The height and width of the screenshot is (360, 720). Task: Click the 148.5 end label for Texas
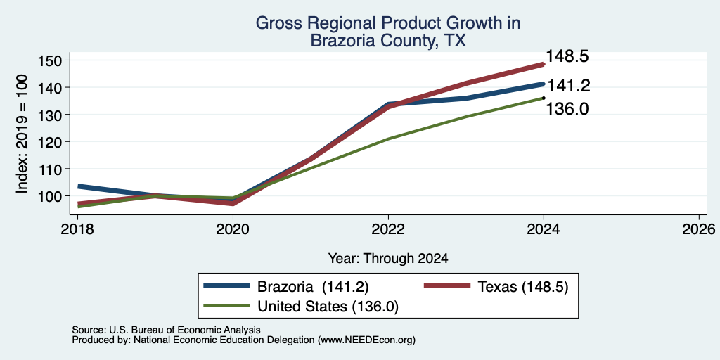pyautogui.click(x=567, y=57)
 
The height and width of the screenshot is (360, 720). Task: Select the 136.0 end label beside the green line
pyautogui.click(x=567, y=109)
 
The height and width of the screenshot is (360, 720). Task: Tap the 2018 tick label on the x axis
pyautogui.click(x=77, y=229)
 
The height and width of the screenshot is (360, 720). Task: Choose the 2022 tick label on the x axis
pyautogui.click(x=388, y=229)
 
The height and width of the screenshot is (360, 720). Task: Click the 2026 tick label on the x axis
pyautogui.click(x=699, y=229)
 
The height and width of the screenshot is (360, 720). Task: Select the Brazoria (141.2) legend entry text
pyautogui.click(x=313, y=287)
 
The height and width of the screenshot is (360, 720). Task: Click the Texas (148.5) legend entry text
pyautogui.click(x=523, y=287)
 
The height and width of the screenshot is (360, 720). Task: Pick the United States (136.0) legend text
pyautogui.click(x=328, y=307)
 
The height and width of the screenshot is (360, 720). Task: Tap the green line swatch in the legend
pyautogui.click(x=227, y=306)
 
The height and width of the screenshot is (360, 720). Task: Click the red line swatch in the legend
pyautogui.click(x=446, y=286)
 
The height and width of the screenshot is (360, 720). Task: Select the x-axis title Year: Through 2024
pyautogui.click(x=388, y=259)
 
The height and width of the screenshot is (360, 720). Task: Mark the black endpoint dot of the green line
pyautogui.click(x=544, y=98)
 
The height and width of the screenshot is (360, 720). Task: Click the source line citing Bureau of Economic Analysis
pyautogui.click(x=166, y=330)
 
